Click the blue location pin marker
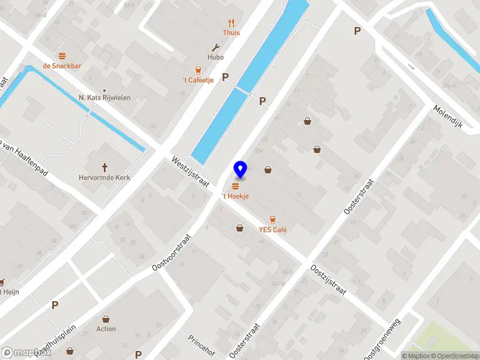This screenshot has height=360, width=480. coord(241,170)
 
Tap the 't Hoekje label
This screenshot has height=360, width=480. coord(235,196)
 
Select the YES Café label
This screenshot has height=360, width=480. coord(272,230)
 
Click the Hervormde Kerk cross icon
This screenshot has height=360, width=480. coord(104,167)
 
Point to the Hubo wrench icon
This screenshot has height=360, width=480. coord(216,47)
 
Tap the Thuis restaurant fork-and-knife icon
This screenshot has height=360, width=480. coord(231,23)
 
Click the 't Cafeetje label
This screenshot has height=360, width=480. coord(198,80)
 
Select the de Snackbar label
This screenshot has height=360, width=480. coord(62,66)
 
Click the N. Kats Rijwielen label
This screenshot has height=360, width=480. coord(104,97)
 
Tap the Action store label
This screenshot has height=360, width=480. coord(106,329)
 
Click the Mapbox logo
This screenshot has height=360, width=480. coord(26,353)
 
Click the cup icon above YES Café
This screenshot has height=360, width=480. coord(273,218)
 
